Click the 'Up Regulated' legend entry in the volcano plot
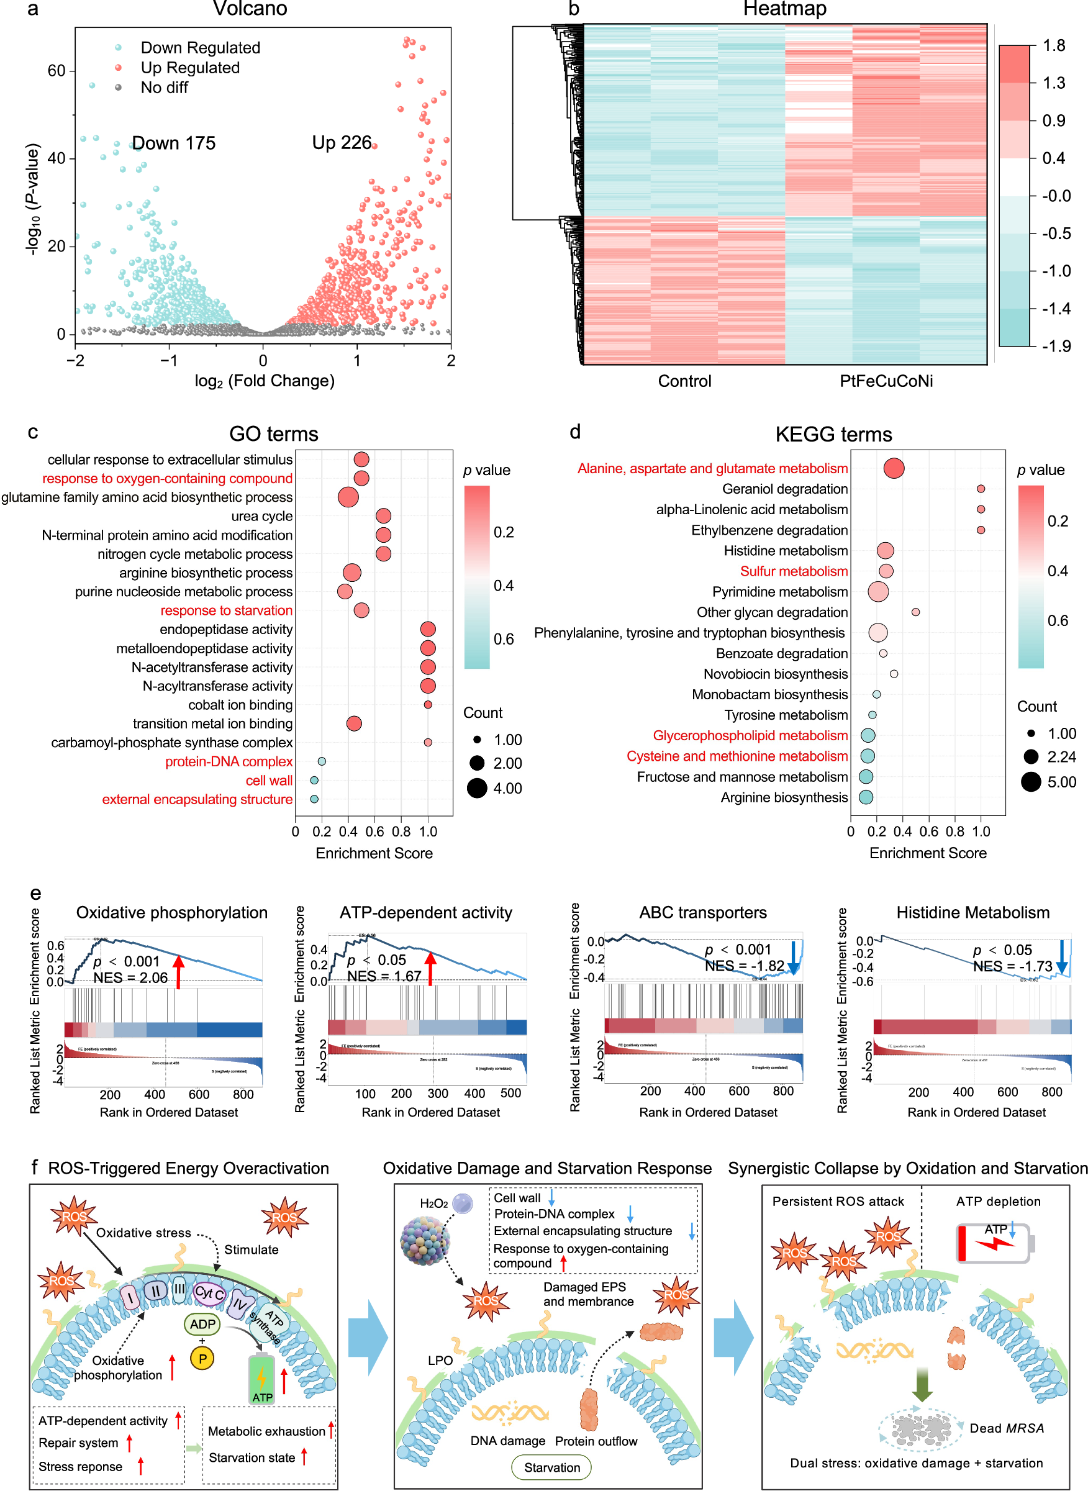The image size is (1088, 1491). [189, 68]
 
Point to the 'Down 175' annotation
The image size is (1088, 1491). [174, 143]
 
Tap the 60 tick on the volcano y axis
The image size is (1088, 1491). [57, 70]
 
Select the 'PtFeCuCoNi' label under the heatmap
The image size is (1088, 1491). [886, 381]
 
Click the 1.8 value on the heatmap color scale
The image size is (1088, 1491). [1054, 45]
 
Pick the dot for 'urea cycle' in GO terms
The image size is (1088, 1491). [383, 515]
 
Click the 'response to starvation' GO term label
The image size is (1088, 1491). [227, 610]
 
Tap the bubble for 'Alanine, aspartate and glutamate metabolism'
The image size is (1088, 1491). [894, 468]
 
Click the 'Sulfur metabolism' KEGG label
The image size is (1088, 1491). [794, 571]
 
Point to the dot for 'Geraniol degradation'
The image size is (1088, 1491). [981, 489]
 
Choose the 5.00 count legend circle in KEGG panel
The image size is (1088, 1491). [1031, 782]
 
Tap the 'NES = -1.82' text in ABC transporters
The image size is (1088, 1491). [744, 966]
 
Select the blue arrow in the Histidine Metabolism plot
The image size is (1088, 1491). [1062, 958]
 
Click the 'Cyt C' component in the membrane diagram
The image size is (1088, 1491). [209, 1293]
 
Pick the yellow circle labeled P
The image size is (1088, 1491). [202, 1358]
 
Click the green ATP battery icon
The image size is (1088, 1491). [261, 1379]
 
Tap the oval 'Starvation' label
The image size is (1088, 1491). [551, 1467]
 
